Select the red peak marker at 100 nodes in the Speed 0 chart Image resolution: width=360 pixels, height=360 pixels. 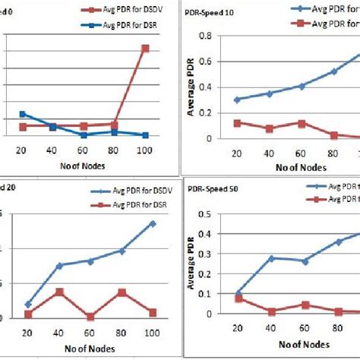pos(145,48)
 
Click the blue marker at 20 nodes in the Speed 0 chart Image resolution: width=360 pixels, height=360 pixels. pos(23,114)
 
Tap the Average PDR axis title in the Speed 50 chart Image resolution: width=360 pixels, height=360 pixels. pos(190,266)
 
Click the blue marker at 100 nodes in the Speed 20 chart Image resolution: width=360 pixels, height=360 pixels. pos(153,223)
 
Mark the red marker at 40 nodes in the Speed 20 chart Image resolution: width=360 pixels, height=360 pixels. pos(59,292)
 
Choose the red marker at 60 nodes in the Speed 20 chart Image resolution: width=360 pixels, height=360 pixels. pos(90,317)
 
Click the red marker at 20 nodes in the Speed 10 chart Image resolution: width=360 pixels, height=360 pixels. pos(236,122)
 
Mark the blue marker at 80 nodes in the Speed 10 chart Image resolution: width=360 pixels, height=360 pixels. pos(333,71)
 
